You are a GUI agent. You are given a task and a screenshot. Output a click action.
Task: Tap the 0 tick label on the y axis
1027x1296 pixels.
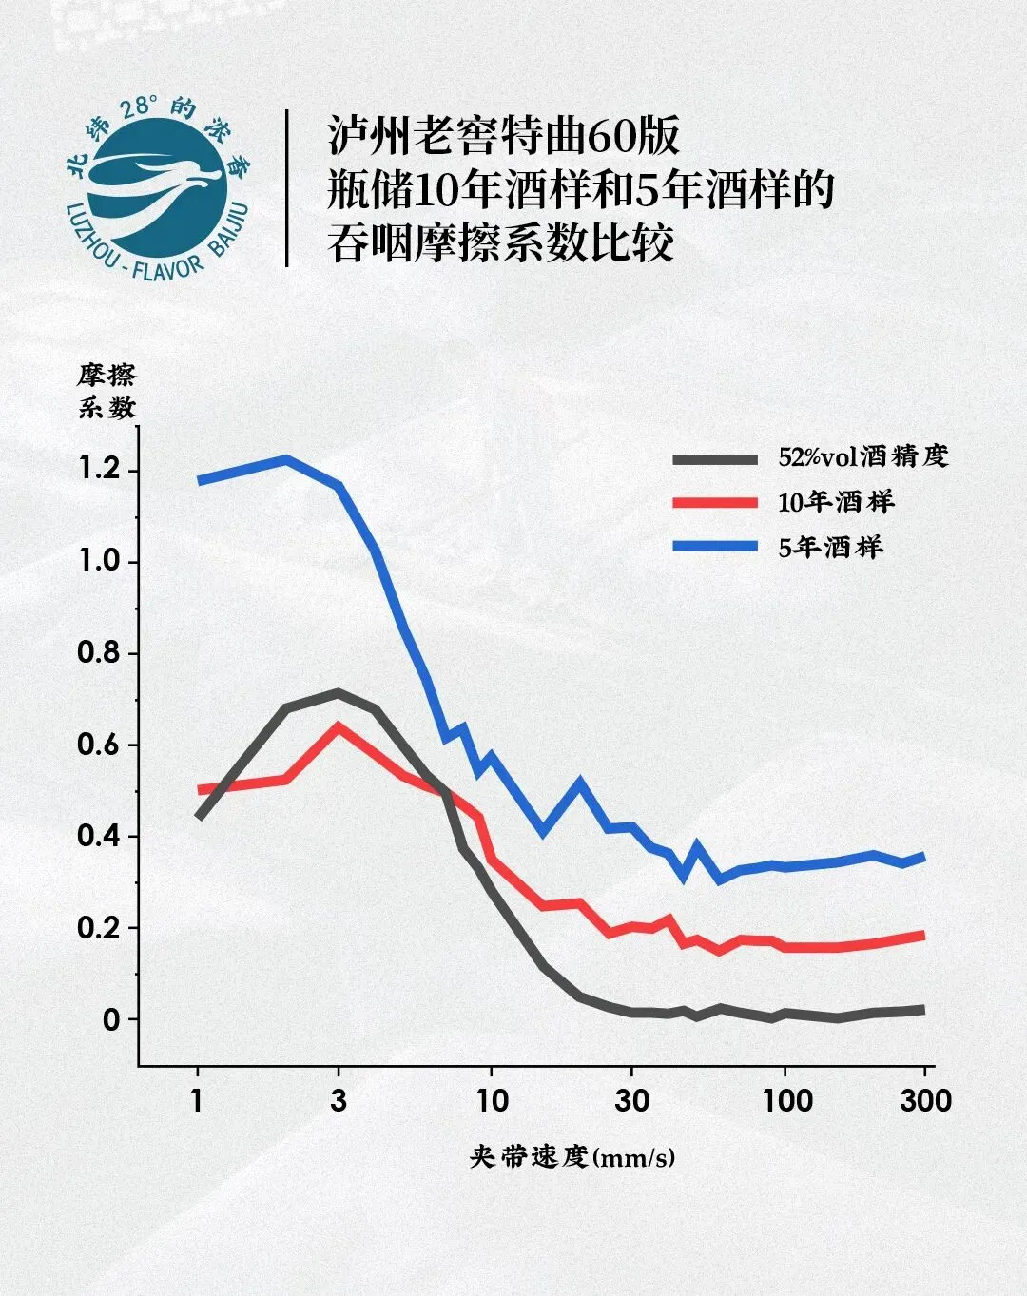click(111, 1020)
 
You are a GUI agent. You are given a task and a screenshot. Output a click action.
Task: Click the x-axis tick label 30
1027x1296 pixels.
click(631, 1101)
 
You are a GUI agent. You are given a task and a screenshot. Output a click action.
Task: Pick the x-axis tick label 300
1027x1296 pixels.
click(925, 1101)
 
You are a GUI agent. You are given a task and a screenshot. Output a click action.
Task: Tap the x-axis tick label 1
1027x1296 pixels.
click(197, 1101)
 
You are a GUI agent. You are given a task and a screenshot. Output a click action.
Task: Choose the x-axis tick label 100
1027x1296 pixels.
click(786, 1101)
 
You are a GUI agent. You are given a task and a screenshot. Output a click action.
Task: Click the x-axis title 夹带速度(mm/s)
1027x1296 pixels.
click(572, 1157)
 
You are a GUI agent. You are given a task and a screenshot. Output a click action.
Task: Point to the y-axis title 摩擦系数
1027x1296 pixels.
click(107, 391)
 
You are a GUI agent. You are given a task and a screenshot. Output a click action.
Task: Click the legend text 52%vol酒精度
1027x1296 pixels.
click(862, 456)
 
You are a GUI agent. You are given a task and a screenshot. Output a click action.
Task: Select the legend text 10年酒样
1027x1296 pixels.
click(836, 502)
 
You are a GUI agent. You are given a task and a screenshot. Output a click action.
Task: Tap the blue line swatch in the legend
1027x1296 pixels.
click(715, 547)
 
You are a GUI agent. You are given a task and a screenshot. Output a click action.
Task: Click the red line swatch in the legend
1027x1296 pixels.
click(715, 502)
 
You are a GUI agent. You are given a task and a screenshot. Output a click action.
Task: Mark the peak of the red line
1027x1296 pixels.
click(338, 727)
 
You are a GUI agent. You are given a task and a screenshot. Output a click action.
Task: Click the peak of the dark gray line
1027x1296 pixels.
click(338, 693)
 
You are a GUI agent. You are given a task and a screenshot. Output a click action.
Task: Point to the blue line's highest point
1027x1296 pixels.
click(286, 459)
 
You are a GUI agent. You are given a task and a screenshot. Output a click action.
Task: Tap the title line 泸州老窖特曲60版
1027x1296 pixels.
click(504, 136)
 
